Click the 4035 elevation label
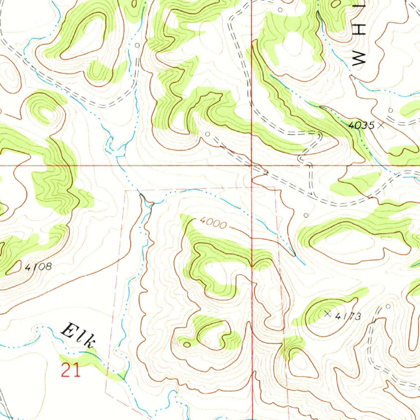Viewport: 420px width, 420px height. [361, 126]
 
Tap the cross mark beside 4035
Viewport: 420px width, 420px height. [381, 125]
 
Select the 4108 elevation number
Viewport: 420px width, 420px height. [38, 267]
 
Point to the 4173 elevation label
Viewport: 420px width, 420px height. [348, 316]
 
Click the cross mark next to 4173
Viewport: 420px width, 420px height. [327, 314]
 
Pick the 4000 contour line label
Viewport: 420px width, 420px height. [213, 224]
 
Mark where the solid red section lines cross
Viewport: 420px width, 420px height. [251, 166]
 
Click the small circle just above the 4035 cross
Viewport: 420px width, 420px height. [390, 110]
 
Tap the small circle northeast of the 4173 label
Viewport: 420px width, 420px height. [388, 306]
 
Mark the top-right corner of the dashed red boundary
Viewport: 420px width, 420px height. [275, 187]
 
